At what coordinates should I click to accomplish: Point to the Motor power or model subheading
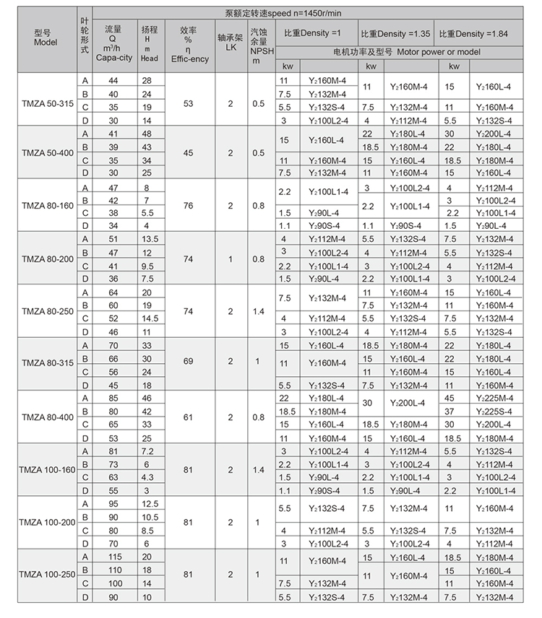[x=406, y=52]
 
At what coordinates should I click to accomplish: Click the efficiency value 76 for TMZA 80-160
[x=188, y=206]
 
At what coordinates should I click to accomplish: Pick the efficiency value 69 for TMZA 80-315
[x=188, y=360]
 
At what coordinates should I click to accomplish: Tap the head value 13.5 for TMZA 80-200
[x=149, y=238]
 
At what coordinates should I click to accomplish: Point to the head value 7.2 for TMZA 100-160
[x=149, y=451]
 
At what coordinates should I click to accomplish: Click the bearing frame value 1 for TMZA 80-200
[x=230, y=258]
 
